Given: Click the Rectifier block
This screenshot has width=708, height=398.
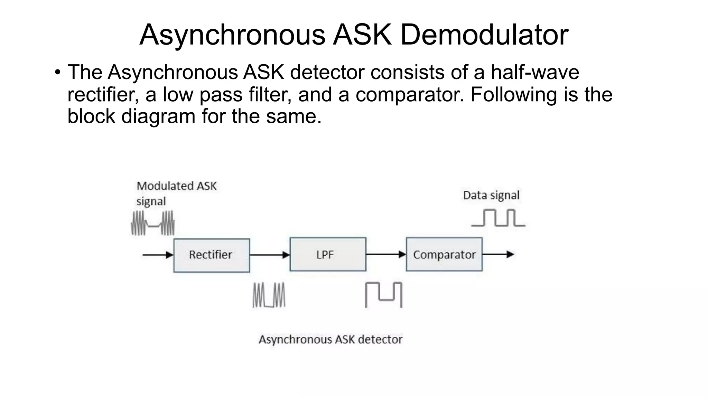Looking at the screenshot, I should tap(212, 255).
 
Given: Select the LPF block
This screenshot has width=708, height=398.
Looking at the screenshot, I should tap(328, 254).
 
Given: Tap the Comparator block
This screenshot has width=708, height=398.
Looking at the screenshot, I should tap(444, 254).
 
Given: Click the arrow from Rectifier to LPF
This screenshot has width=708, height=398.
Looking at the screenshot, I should tap(270, 255).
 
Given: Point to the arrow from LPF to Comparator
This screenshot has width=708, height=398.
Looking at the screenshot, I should tap(386, 255).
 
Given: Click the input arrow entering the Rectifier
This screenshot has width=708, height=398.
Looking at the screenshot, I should tap(158, 255).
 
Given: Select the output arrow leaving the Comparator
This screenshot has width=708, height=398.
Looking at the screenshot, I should tap(498, 255).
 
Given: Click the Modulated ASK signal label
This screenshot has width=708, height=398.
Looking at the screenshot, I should tap(176, 193).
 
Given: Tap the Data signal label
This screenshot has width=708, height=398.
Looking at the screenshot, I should tap(491, 195).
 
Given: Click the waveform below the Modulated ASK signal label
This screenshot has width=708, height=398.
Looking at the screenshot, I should tap(153, 224).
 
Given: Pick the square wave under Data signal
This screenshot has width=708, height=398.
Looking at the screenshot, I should tap(498, 218).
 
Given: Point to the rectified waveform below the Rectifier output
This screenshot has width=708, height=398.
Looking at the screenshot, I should tap(269, 295).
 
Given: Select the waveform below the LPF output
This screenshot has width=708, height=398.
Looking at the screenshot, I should tap(384, 295).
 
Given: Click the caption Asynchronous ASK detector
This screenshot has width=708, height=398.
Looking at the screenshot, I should tap(330, 340).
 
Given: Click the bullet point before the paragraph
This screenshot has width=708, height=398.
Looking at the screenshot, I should tap(57, 73).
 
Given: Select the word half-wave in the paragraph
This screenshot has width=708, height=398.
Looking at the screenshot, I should tap(535, 73).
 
